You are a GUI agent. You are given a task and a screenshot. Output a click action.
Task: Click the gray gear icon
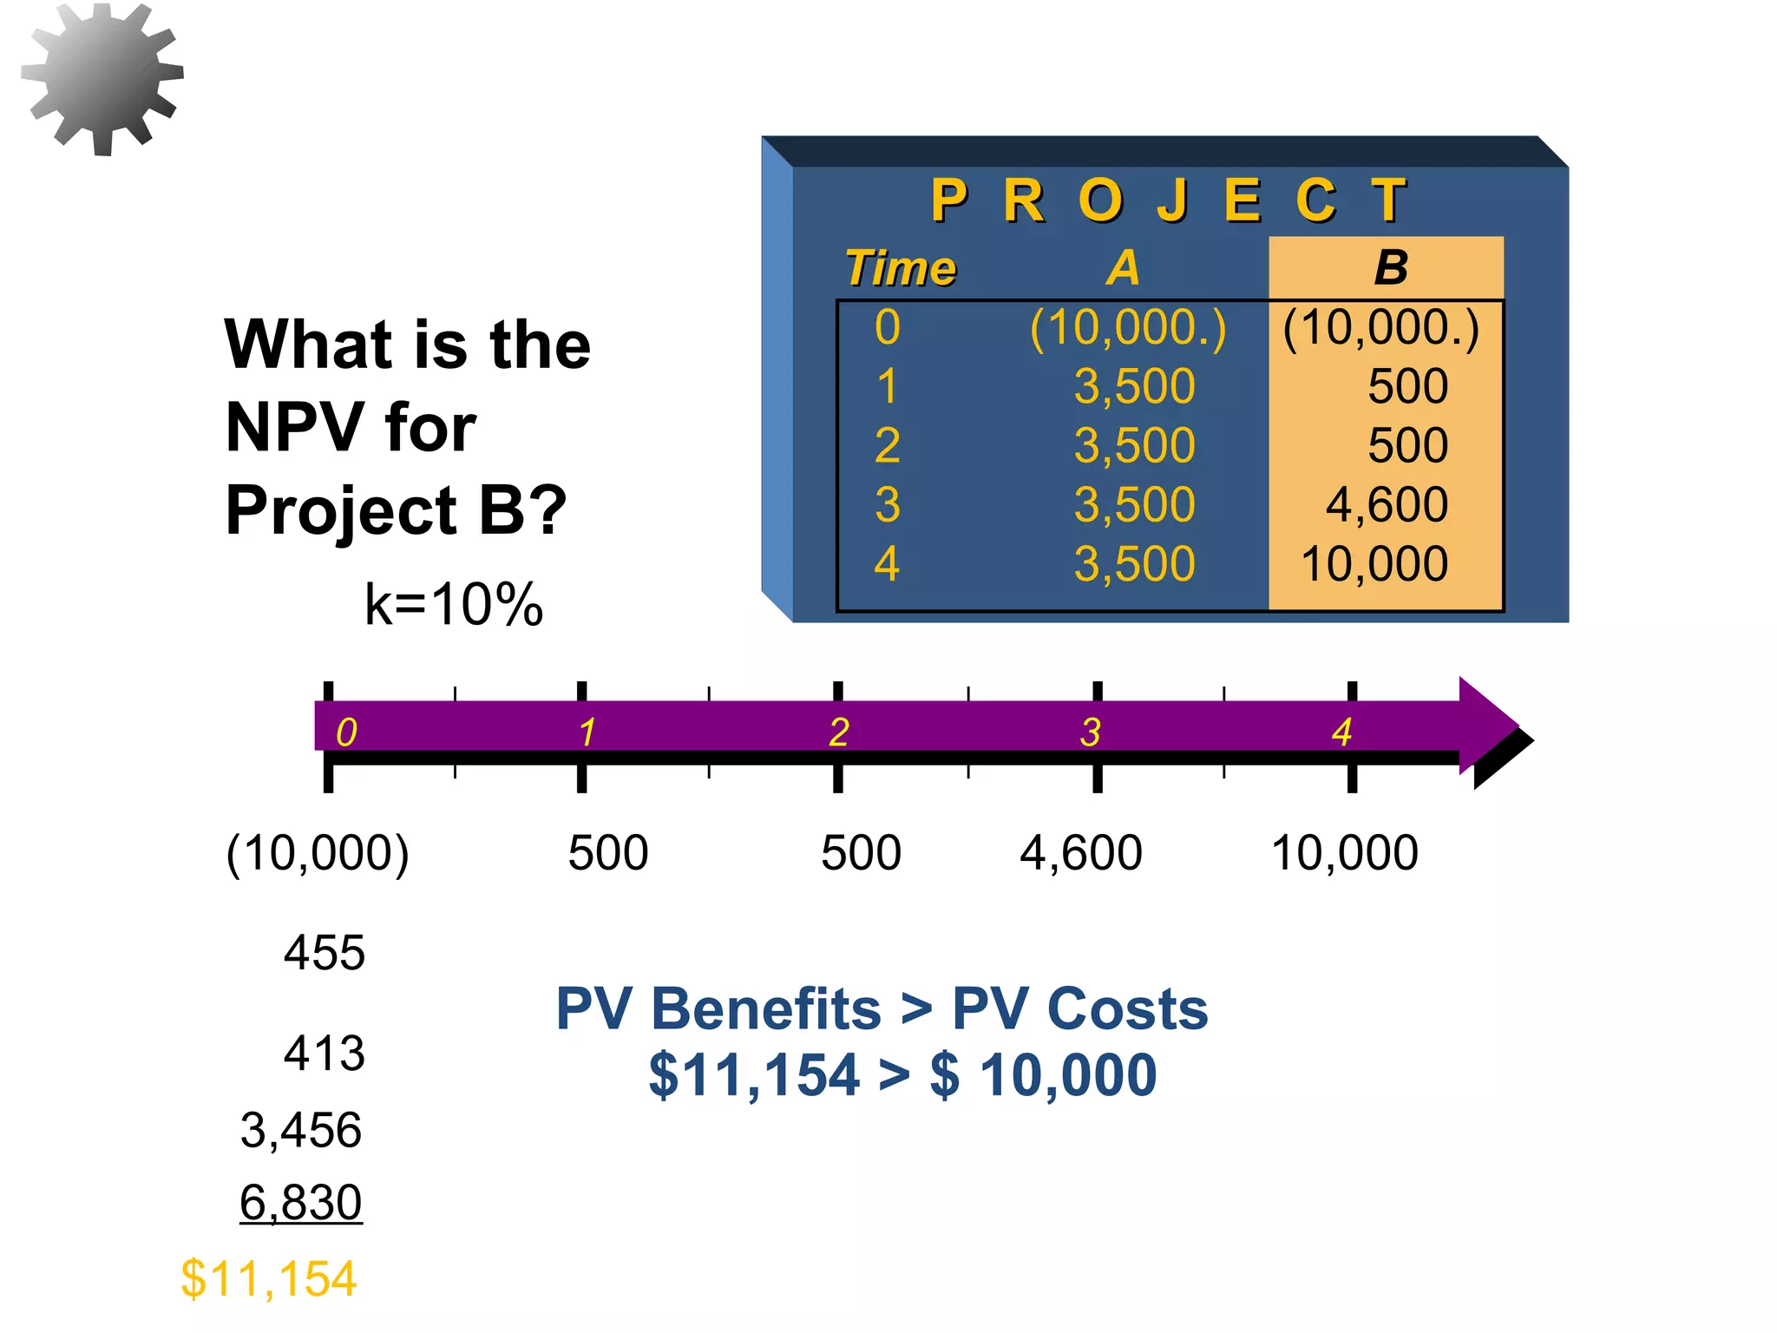102,78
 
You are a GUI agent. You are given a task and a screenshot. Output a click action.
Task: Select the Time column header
901,268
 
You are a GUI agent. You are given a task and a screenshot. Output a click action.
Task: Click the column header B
1390,267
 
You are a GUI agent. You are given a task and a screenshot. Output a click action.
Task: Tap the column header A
1123,267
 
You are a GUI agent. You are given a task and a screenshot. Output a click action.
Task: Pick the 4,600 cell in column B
1387,504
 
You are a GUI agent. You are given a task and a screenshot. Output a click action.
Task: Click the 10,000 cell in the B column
1374,564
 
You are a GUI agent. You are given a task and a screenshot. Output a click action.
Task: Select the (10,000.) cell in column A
1128,328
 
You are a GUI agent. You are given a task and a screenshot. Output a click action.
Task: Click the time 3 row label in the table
887,504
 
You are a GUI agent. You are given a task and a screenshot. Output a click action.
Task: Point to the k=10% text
453,604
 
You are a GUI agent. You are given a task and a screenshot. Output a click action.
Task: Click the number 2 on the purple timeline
838,732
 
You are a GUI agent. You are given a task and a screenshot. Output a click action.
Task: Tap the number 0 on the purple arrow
346,732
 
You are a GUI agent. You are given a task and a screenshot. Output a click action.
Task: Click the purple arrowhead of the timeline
1488,726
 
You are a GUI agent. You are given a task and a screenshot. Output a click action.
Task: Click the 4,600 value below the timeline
1080,853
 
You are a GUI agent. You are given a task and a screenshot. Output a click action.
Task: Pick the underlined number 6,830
300,1203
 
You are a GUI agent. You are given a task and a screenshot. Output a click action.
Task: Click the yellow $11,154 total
268,1279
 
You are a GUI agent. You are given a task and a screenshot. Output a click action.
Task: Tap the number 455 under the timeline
324,953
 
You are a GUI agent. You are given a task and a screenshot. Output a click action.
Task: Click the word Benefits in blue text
765,1009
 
